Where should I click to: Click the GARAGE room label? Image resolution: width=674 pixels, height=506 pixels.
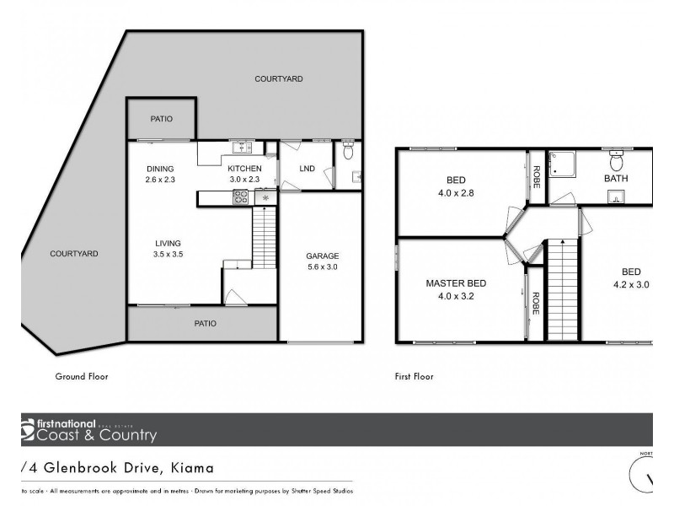click(322, 256)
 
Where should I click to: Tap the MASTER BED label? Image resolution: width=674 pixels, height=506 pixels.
click(455, 283)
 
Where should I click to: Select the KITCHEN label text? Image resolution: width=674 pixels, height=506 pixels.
click(245, 169)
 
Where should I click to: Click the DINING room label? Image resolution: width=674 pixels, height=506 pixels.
click(159, 169)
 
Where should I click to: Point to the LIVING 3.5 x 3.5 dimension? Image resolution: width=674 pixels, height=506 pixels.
click(167, 253)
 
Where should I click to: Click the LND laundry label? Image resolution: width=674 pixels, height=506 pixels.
click(307, 169)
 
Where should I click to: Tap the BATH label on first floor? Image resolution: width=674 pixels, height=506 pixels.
click(616, 179)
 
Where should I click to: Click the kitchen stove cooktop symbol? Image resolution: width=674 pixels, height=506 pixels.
click(239, 198)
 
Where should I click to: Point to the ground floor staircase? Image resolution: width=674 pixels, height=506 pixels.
click(265, 238)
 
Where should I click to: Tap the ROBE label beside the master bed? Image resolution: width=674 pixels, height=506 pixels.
click(535, 303)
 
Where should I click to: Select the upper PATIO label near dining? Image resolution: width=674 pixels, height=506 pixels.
click(162, 119)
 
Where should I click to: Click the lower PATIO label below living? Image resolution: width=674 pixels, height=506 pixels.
click(206, 323)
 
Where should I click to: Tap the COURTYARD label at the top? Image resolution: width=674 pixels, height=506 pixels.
click(279, 78)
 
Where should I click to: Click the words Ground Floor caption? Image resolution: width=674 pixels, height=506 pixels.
click(82, 376)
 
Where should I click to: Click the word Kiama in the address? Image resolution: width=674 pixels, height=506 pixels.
click(192, 467)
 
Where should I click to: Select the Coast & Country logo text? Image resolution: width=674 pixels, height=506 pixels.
click(95, 435)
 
